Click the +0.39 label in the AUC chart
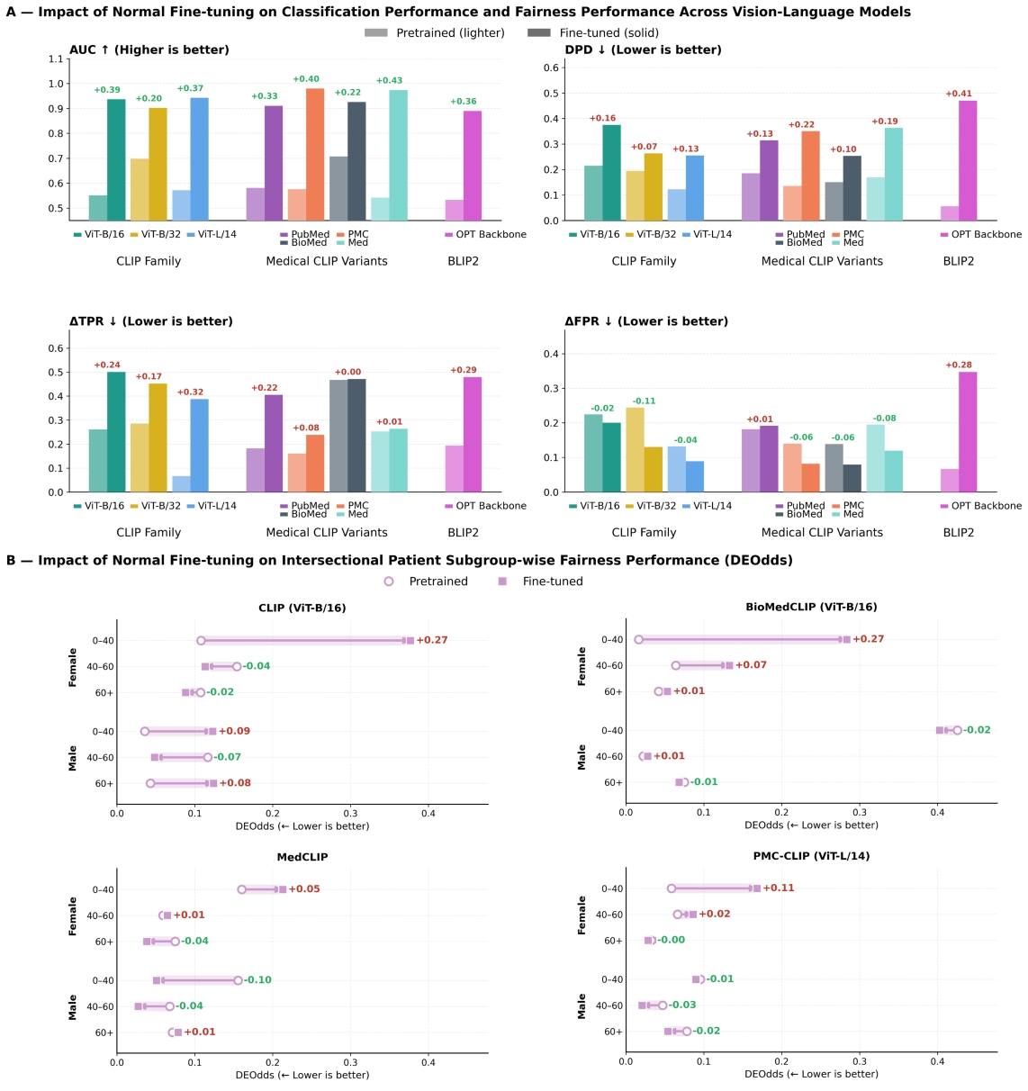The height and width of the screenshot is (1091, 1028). tap(107, 90)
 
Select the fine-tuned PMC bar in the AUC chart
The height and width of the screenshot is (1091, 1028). tap(315, 154)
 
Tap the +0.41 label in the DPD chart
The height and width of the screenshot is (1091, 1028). tap(959, 94)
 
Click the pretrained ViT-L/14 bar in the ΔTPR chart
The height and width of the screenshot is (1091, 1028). tap(181, 483)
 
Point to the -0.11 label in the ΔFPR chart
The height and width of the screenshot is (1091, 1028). tap(644, 401)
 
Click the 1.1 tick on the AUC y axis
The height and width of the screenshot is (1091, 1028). tap(56, 59)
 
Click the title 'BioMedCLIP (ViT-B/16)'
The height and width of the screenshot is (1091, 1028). tap(811, 608)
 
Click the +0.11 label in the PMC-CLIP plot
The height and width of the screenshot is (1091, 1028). tap(780, 888)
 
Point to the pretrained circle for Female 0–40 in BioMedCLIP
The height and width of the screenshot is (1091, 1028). tap(638, 640)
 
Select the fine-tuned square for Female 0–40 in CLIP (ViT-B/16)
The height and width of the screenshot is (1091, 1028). tap(410, 640)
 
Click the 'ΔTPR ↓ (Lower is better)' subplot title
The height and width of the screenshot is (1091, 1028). tap(150, 321)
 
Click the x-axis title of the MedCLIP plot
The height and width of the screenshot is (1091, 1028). tap(302, 1075)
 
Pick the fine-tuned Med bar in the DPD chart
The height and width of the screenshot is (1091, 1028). tap(894, 174)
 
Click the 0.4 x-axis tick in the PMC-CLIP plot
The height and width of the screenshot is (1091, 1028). tap(937, 1061)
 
